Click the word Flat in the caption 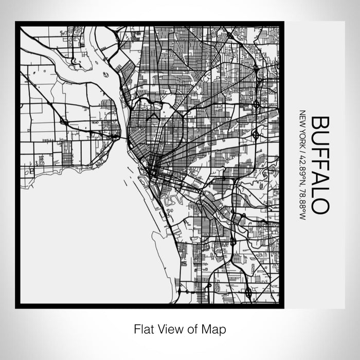143,328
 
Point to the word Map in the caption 215,328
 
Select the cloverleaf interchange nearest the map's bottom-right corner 248,293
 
